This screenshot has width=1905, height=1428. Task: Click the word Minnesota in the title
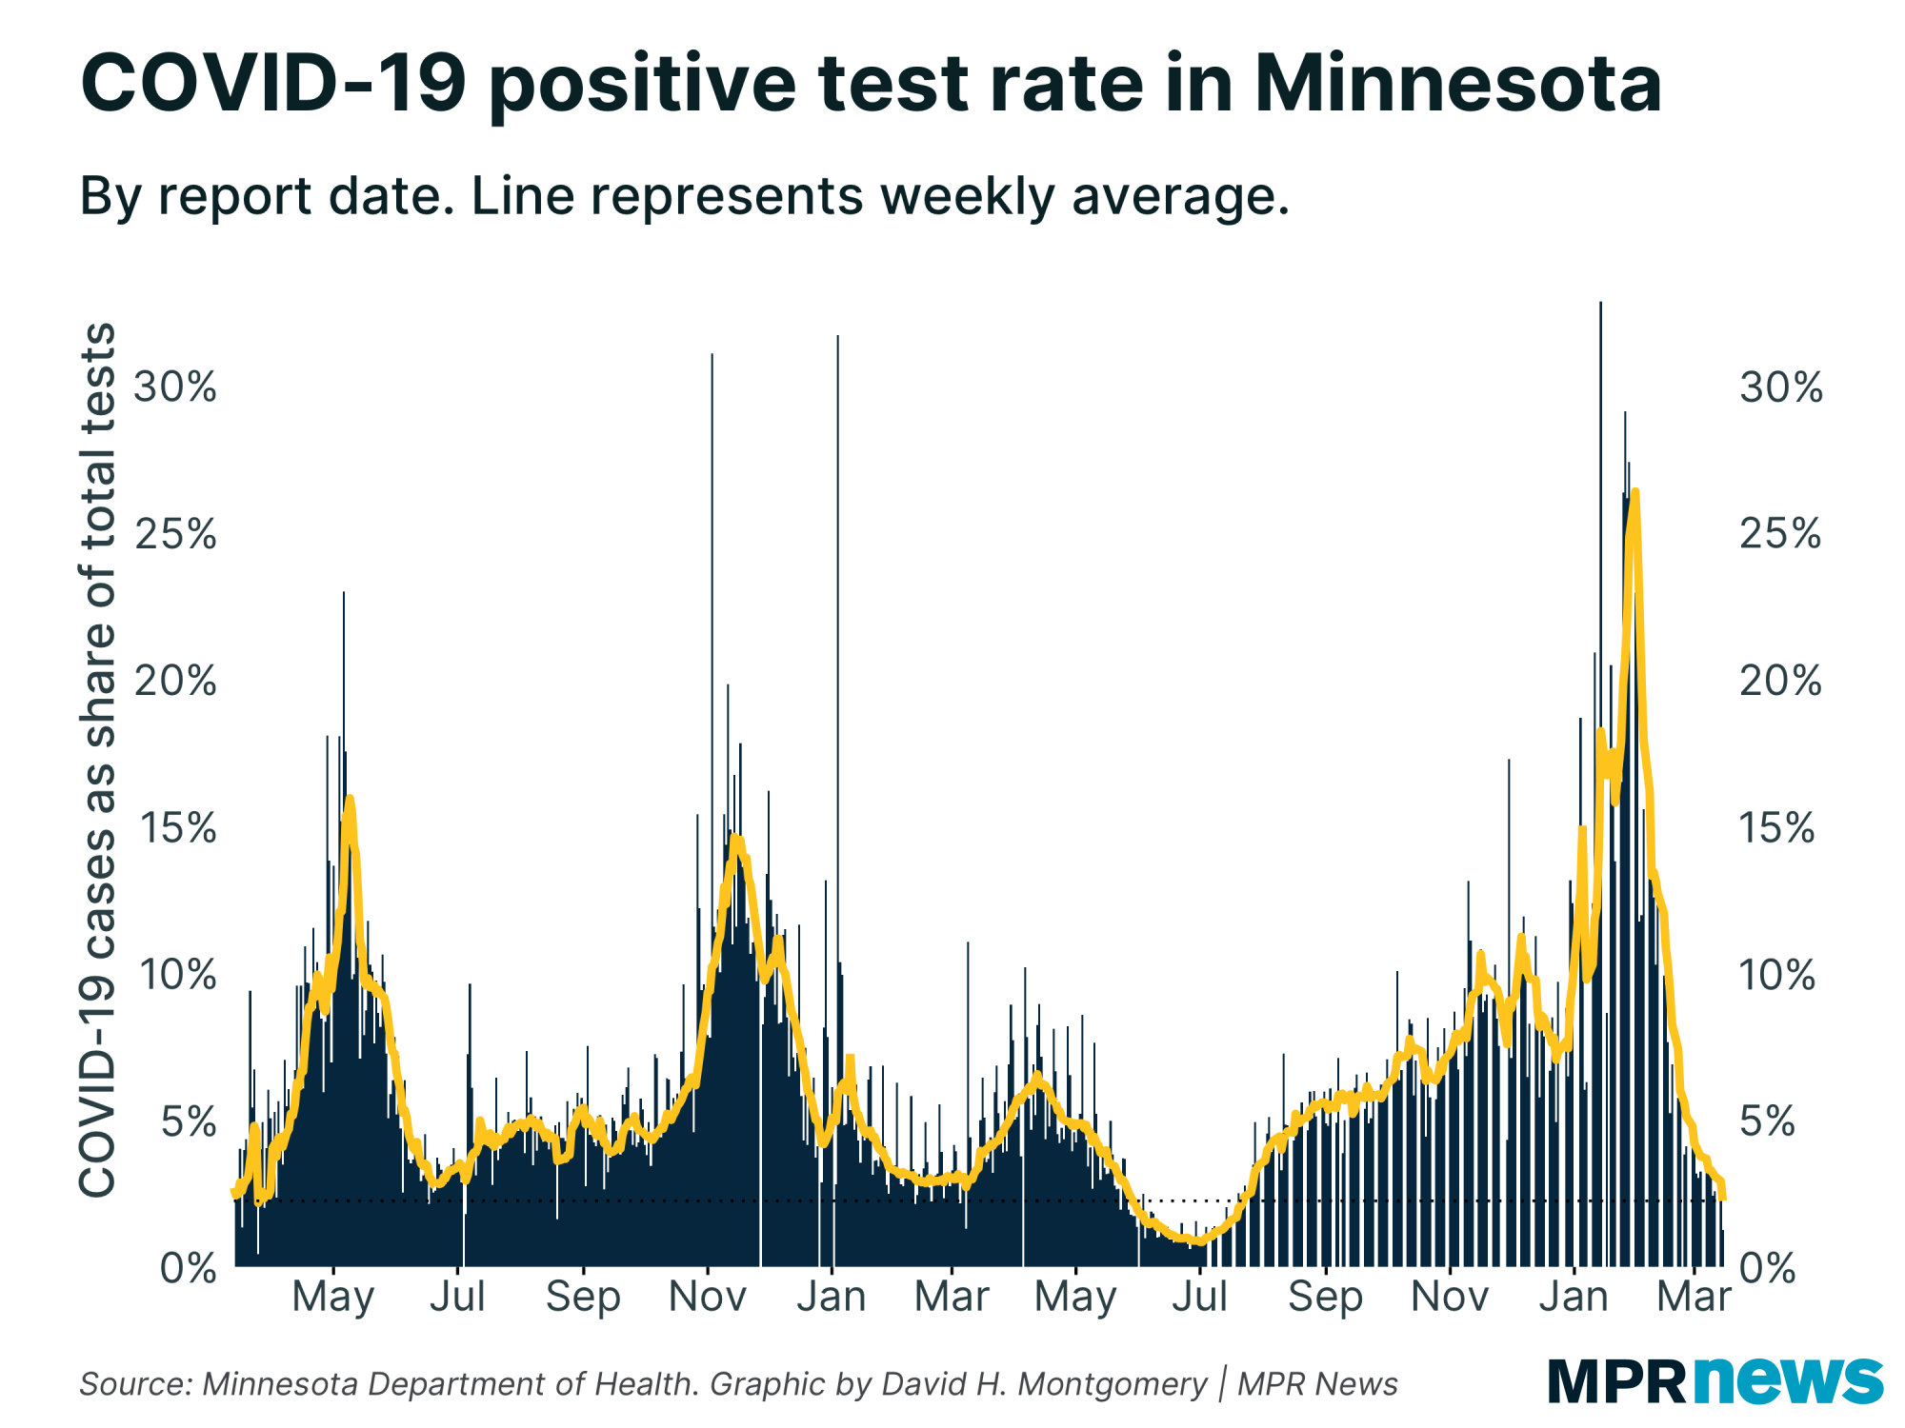pos(1457,84)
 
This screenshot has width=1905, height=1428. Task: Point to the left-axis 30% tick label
pos(175,387)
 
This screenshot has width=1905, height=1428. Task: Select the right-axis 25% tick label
pos(1779,535)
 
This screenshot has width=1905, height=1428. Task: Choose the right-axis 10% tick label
pos(1777,976)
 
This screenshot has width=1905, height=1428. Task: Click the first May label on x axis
pos(332,1297)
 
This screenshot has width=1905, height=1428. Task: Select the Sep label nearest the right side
pos(1325,1297)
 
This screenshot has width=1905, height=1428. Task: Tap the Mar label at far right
pos(1694,1297)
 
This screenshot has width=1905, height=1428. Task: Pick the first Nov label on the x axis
pos(707,1297)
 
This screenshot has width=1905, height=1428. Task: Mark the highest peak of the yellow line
pos(1635,491)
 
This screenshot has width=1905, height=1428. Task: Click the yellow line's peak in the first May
pos(350,799)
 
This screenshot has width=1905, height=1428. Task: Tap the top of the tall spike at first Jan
pos(838,337)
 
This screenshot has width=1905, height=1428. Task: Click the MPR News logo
pos(1714,1379)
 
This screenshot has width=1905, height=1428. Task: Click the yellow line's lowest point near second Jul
pos(1200,1241)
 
